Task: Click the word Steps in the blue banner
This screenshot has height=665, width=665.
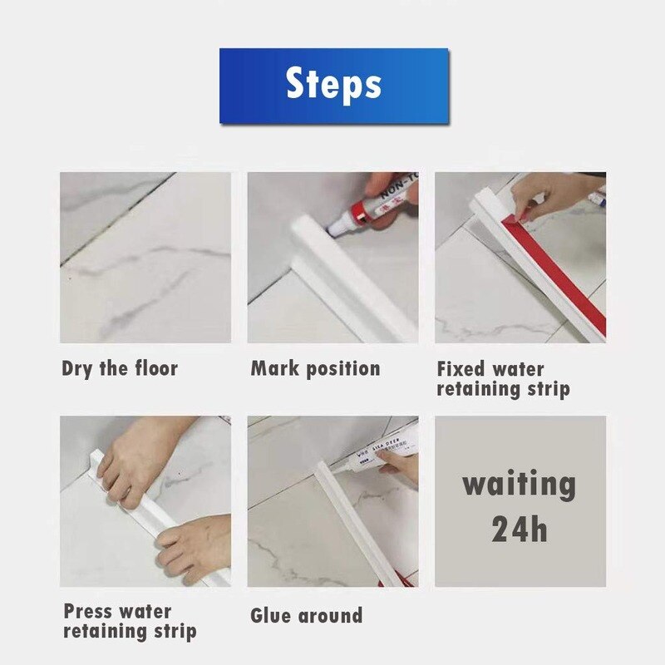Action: tap(333, 85)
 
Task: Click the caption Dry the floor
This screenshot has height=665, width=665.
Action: tap(120, 368)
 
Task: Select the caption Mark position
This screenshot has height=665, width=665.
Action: tap(315, 368)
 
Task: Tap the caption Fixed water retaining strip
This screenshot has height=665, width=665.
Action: tap(503, 378)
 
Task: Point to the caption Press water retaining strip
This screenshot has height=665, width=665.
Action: tap(130, 621)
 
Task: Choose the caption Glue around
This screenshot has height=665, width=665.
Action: tap(306, 616)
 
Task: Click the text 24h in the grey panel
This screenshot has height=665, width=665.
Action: tap(519, 529)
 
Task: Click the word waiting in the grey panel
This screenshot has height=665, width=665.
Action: tap(519, 483)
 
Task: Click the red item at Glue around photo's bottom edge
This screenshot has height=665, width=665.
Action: tap(397, 579)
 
